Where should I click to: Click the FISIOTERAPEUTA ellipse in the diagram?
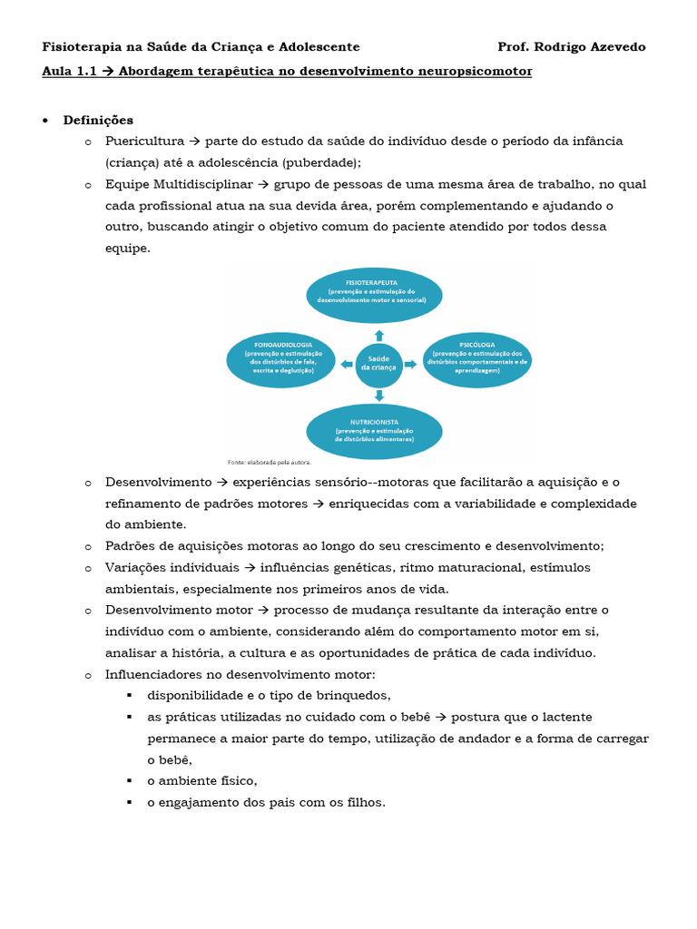[x=374, y=296]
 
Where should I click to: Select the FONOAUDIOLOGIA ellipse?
[x=281, y=360]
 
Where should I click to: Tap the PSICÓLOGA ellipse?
[x=476, y=360]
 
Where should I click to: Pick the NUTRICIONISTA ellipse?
[x=374, y=431]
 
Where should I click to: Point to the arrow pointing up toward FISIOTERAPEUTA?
[x=378, y=335]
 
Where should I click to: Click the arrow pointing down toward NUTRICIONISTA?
[x=378, y=396]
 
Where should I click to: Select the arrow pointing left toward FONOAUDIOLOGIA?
[x=347, y=364]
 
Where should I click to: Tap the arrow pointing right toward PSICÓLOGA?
[x=410, y=364]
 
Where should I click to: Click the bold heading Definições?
[x=98, y=121]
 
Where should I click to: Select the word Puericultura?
[x=143, y=142]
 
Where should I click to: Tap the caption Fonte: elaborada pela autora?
[x=269, y=461]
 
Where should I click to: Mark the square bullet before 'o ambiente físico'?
[x=130, y=781]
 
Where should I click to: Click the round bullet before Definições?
[x=45, y=121]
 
